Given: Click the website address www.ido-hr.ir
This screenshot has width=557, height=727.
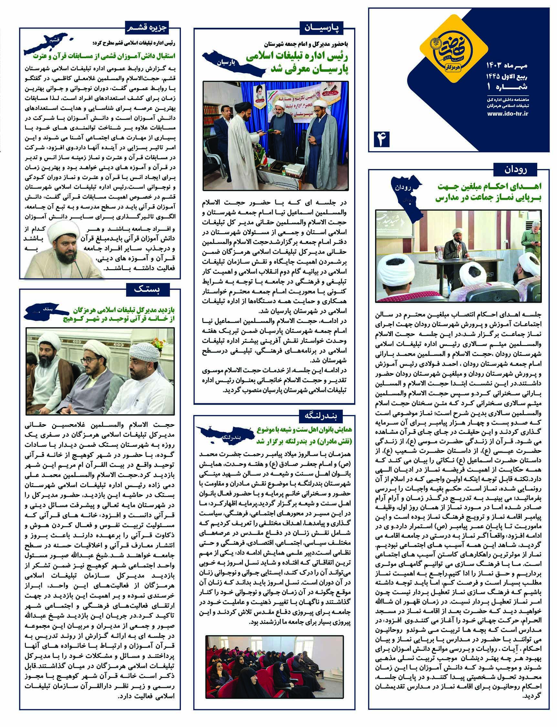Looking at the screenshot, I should click(x=508, y=113).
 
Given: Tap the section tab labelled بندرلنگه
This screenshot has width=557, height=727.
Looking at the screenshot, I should click(x=321, y=415).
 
